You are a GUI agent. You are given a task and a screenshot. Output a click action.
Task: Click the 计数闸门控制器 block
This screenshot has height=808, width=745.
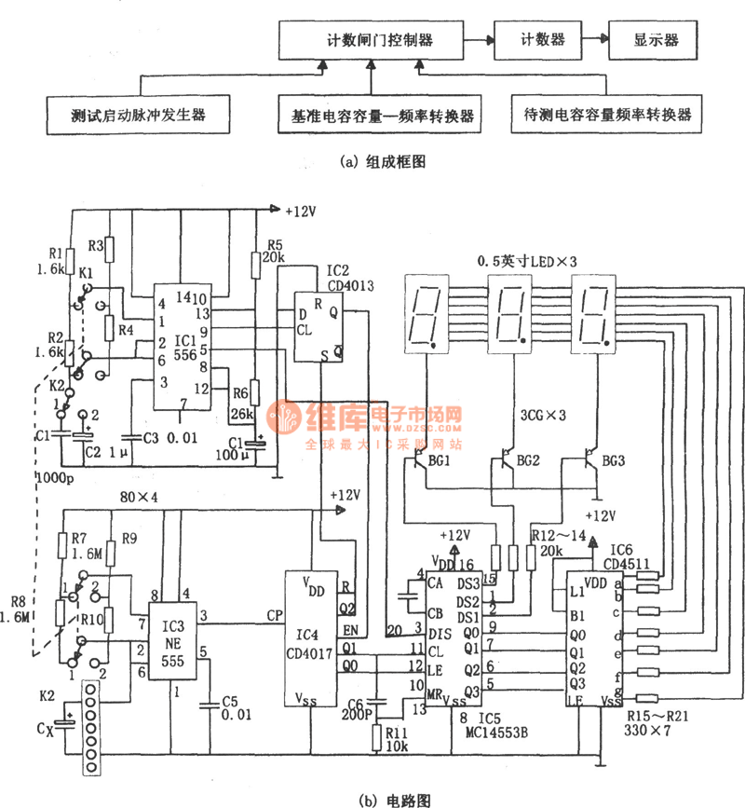click(x=379, y=41)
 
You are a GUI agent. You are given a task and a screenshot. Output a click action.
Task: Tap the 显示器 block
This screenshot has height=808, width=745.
click(x=656, y=40)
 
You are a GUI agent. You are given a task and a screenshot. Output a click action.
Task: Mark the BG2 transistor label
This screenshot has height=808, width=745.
click(x=528, y=460)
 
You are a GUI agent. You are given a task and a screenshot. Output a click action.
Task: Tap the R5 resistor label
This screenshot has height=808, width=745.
click(x=272, y=244)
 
